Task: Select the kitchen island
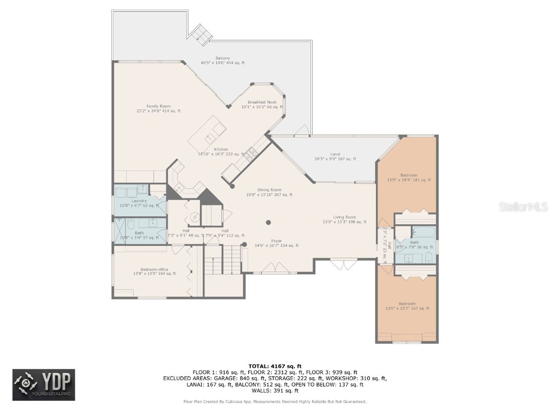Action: point(207,137)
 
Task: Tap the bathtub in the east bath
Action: point(424,232)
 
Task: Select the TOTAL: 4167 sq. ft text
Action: point(274,366)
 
